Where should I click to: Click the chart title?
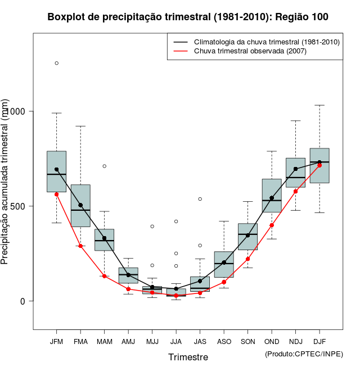click(x=188, y=17)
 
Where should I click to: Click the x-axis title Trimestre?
click(x=188, y=357)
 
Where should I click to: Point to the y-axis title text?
click(x=6, y=183)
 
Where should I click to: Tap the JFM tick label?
click(x=56, y=341)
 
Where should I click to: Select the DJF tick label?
click(x=319, y=341)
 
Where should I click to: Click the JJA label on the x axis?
click(x=176, y=341)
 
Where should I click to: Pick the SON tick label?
click(x=247, y=341)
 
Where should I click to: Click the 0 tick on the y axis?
click(x=22, y=301)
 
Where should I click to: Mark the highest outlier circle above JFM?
click(x=56, y=63)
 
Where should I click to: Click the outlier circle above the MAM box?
click(x=104, y=166)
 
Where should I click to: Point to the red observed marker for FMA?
click(x=80, y=246)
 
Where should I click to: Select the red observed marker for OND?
click(x=272, y=225)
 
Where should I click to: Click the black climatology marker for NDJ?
click(x=295, y=169)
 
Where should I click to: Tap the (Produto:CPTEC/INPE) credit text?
click(x=304, y=354)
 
